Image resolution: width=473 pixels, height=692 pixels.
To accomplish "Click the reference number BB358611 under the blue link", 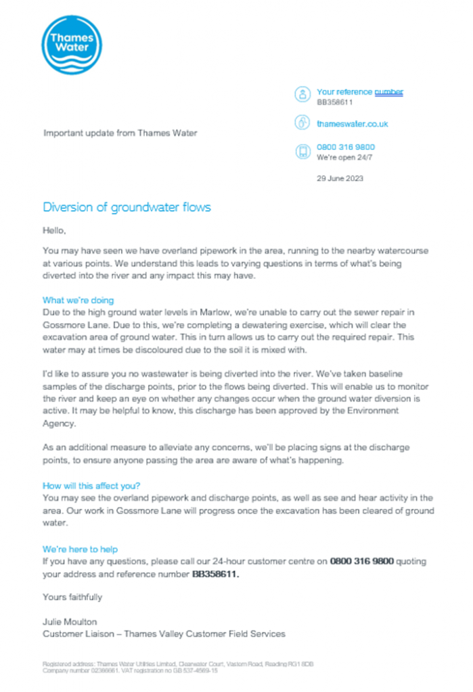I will point(335,102).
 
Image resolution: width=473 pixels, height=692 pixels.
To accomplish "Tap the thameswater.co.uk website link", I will point(352,124).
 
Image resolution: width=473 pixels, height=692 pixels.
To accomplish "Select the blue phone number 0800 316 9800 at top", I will point(346,147).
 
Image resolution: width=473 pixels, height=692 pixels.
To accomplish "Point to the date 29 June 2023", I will point(340,178).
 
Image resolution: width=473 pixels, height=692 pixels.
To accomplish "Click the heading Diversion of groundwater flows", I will point(127,207).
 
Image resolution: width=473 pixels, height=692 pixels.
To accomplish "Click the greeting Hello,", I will point(54,230).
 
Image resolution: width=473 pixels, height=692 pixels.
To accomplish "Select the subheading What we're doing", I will point(78,299).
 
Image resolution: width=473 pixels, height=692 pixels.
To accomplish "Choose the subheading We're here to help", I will point(80,549).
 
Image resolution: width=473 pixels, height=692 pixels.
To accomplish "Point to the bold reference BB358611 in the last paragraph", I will point(216,574).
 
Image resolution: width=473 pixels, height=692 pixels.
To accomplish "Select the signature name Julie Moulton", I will point(69,621).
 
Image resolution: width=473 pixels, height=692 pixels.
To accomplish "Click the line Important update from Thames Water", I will point(120,133).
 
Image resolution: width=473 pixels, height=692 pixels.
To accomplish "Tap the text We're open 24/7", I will point(344,157).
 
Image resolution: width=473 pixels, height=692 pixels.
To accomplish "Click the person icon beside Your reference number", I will point(302,95).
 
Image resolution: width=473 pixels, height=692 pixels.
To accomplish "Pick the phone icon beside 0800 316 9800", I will point(302,151).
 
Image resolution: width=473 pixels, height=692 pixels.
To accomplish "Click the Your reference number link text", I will point(359,92).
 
